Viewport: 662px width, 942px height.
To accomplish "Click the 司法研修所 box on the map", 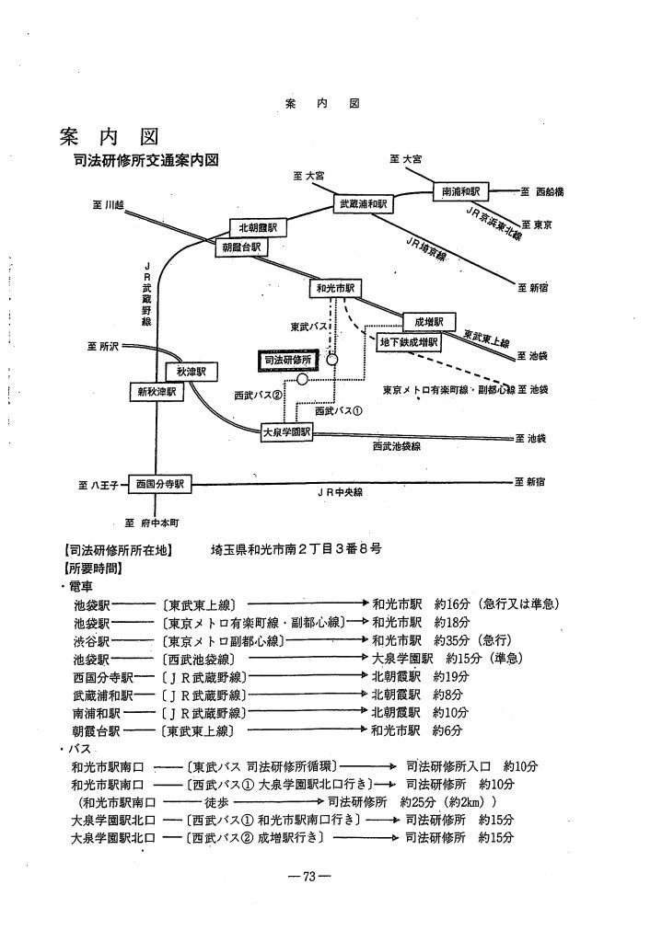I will click(285, 362).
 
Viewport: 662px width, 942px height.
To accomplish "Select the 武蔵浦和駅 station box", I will click(362, 202).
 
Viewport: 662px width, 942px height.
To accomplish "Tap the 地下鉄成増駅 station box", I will click(410, 342).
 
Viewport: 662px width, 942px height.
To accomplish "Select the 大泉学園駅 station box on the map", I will click(286, 431).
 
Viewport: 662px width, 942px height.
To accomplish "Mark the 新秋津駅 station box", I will click(156, 392).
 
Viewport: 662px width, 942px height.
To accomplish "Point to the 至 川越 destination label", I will click(107, 204).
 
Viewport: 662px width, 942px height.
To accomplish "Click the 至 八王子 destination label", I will click(94, 484).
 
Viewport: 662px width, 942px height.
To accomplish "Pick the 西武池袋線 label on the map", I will click(397, 446).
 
